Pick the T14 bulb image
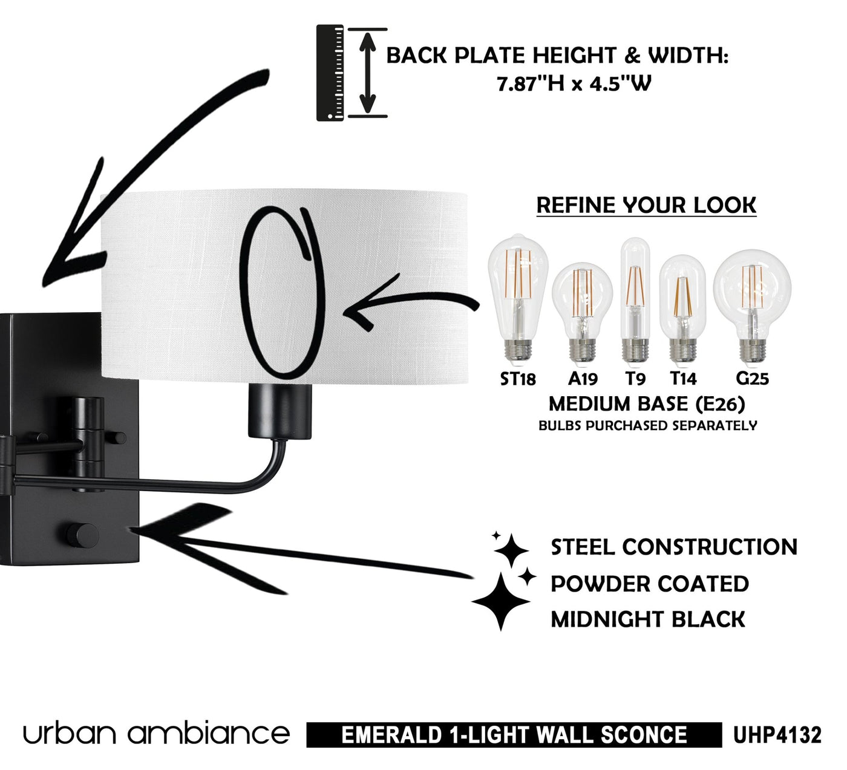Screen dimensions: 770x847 pos(682,308)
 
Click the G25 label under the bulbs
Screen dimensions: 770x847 pos(752,379)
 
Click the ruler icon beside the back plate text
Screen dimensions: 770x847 pos(330,73)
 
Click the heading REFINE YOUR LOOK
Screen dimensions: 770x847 pos(646,205)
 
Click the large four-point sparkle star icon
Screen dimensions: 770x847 pos(500,602)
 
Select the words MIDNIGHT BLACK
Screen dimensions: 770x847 pos(648,619)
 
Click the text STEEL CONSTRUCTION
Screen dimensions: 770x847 pos(674,547)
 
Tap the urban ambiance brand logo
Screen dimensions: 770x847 pos(156,734)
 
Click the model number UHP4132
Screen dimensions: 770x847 pos(777,735)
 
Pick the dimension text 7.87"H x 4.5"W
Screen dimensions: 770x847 pos(574,83)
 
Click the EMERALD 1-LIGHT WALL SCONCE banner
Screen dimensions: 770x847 pos(514,735)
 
